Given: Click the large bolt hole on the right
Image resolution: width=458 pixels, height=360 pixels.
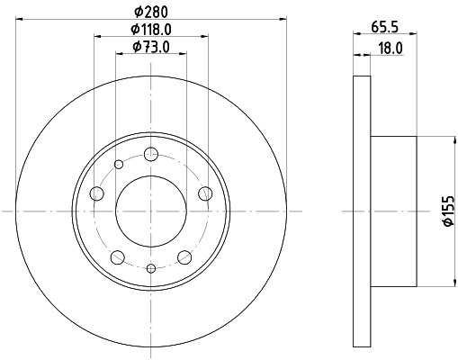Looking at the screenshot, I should [x=205, y=193].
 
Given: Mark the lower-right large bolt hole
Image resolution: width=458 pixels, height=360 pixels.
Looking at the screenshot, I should [x=184, y=256].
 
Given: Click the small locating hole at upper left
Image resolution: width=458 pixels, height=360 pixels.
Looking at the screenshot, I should [x=119, y=164].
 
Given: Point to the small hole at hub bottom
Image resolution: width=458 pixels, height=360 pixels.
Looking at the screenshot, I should [x=151, y=268].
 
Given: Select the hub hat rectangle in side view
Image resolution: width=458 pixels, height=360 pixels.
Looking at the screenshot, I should [x=393, y=211].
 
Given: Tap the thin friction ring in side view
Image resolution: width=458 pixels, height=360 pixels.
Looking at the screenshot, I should [x=361, y=211].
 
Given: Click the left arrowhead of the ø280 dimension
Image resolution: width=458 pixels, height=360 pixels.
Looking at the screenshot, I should [x=19, y=16].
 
